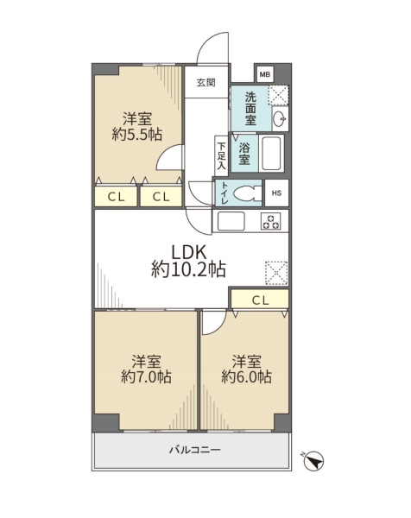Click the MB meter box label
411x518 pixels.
tap(264, 74)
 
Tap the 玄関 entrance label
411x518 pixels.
tap(206, 83)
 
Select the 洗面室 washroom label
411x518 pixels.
tap(250, 109)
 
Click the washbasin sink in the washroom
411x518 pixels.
tap(280, 118)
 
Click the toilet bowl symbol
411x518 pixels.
tap(247, 193)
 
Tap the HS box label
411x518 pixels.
tap(276, 193)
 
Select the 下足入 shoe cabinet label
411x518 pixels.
tap(221, 155)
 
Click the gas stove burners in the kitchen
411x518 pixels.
tap(271, 221)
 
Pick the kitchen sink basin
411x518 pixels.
tap(231, 221)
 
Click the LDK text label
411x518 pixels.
tap(188, 253)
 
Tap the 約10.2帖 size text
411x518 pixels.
tap(188, 269)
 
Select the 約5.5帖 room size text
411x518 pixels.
tap(137, 135)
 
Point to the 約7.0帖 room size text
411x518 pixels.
tap(146, 376)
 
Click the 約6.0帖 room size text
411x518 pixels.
tap(246, 376)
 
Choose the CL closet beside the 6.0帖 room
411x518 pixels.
tap(260, 300)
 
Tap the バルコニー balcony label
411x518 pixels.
tap(195, 450)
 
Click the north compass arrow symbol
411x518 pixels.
tap(313, 461)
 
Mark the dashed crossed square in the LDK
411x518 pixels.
tap(277, 273)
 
